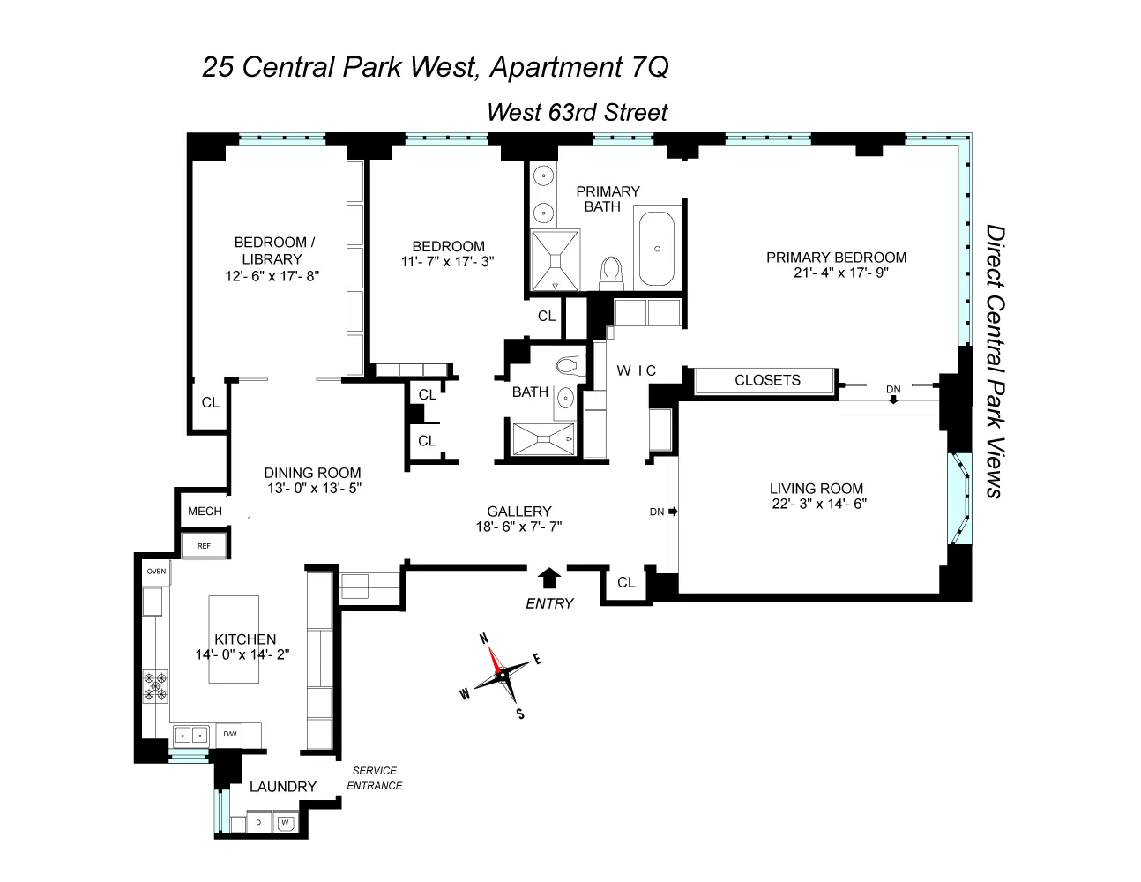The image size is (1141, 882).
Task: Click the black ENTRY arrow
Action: (549, 578)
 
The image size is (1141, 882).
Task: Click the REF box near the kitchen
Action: (204, 546)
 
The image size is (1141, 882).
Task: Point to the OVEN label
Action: (156, 572)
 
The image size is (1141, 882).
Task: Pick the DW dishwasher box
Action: (229, 734)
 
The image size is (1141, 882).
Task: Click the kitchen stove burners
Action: (155, 685)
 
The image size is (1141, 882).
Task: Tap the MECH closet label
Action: (205, 512)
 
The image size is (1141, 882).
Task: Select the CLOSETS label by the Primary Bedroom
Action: (767, 380)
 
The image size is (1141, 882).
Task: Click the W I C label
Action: (636, 371)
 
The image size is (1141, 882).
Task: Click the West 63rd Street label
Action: (578, 113)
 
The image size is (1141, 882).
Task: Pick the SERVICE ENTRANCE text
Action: (374, 778)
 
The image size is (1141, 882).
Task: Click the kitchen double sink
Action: (191, 734)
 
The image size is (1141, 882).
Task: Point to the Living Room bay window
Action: (959, 499)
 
